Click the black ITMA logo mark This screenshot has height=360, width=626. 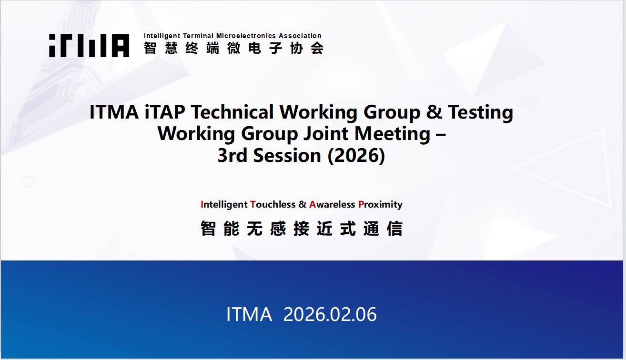coord(89,46)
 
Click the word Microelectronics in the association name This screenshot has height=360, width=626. coord(246,36)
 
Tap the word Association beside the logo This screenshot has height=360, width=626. coord(300,36)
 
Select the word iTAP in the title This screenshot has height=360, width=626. coord(165,112)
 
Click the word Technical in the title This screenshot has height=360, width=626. coord(232,112)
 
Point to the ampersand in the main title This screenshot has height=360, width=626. coord(434,112)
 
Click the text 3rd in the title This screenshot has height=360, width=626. coord(232,155)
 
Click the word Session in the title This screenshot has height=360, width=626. coord(287,155)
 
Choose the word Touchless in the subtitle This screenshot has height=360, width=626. coord(273,204)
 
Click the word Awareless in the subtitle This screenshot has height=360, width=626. coord(332,204)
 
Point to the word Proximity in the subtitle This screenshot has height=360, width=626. coord(380,205)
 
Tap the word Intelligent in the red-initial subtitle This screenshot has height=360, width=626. coord(224,205)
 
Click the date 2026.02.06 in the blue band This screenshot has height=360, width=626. coord(330,314)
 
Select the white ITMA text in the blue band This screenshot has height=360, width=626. coord(249,314)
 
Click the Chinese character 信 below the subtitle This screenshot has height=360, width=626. coord(394,229)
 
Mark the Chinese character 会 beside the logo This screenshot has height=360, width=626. coord(317,48)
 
